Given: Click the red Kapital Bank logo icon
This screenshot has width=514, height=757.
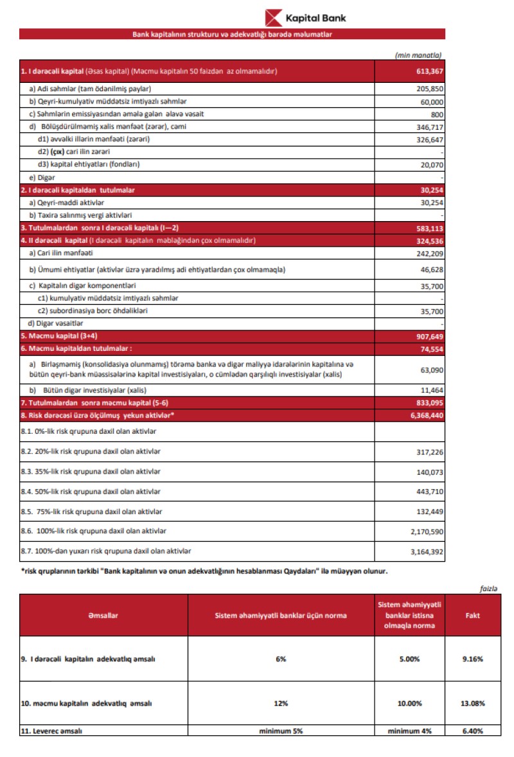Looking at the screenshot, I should [275, 17].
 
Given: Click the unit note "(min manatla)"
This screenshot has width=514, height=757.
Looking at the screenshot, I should [419, 55].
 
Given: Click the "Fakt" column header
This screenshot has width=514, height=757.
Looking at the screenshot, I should [472, 615].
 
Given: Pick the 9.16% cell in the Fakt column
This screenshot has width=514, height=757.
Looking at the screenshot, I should [472, 659].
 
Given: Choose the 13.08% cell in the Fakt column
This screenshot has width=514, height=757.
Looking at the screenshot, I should [472, 703].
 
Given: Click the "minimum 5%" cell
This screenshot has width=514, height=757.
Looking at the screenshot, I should [280, 731].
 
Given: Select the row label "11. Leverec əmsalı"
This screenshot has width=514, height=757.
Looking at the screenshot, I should [51, 731].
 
